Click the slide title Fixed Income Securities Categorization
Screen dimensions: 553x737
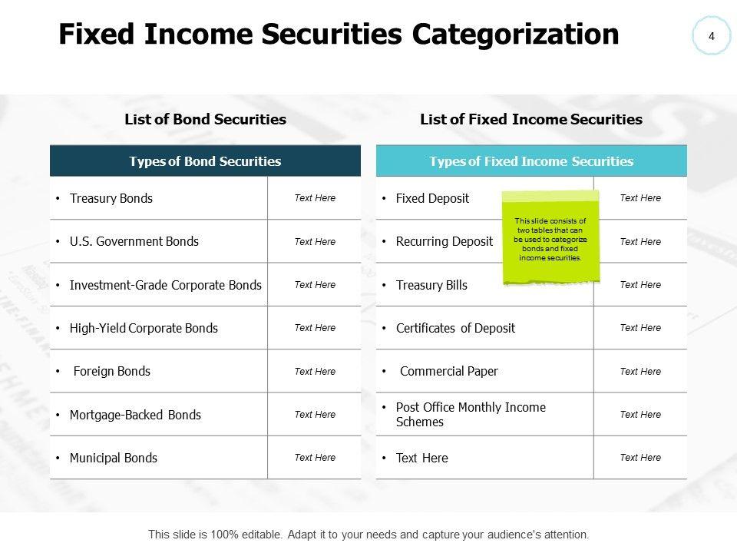(339, 35)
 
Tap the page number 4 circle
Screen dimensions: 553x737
(712, 36)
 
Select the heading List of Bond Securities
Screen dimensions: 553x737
(205, 119)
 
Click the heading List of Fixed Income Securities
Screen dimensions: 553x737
(531, 119)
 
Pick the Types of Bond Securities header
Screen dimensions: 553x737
(205, 161)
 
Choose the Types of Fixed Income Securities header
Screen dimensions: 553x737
(531, 161)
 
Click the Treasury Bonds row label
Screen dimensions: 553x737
(111, 198)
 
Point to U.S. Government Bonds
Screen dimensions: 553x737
(134, 241)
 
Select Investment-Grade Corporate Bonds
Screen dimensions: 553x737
(165, 285)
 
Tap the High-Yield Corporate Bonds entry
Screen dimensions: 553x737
(144, 328)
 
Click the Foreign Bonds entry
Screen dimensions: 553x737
(112, 371)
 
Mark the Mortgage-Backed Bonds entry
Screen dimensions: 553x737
(135, 415)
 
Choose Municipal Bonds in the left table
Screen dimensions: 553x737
(114, 458)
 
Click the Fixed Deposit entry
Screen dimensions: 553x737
(432, 198)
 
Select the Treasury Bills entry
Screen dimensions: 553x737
(431, 285)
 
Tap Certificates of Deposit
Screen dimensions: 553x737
(455, 328)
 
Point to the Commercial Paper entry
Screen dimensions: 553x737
(449, 371)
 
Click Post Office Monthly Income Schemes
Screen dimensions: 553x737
(470, 415)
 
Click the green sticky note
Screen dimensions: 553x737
(550, 238)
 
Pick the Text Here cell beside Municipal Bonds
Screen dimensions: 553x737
(315, 458)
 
